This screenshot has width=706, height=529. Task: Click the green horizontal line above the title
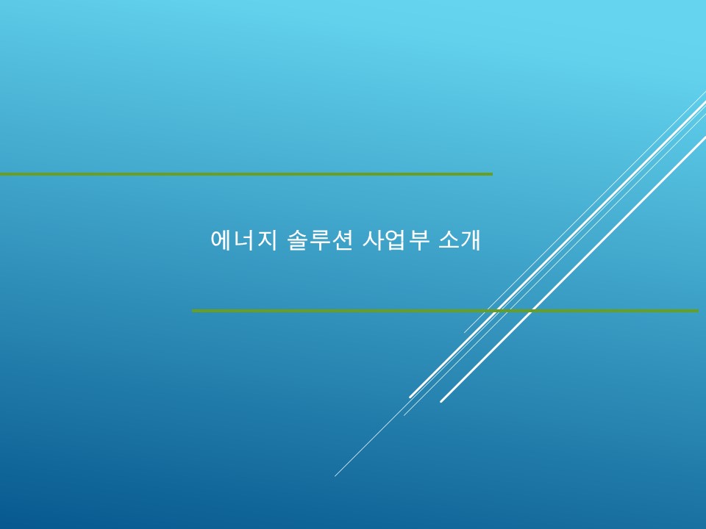click(x=246, y=173)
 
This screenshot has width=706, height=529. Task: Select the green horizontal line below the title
click(x=446, y=310)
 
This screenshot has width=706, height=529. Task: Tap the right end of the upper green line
click(x=492, y=173)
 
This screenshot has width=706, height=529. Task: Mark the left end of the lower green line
click(x=193, y=310)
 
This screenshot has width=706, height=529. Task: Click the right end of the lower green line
click(x=698, y=310)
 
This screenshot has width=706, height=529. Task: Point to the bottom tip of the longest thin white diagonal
click(x=335, y=476)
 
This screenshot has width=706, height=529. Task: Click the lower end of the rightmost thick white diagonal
click(x=441, y=402)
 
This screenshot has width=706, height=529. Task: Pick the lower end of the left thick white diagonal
click(x=410, y=397)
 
